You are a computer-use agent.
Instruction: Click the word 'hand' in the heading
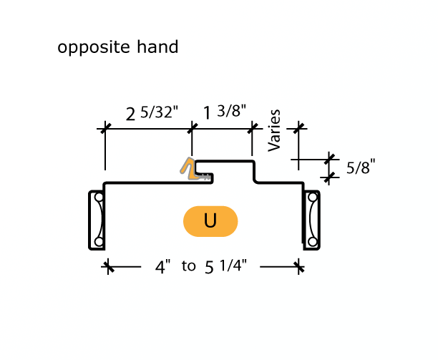(x=159, y=47)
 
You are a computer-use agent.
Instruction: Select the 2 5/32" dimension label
(x=152, y=114)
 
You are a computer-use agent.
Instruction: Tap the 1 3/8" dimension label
(x=225, y=112)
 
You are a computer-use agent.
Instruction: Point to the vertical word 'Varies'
(x=275, y=130)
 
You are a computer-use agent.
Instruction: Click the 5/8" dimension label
(x=361, y=168)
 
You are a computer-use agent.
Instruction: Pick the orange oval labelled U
(x=210, y=221)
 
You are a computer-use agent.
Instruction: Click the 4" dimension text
(x=163, y=267)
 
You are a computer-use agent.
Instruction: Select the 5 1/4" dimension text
(x=225, y=267)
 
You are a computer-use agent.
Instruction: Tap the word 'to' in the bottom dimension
(x=188, y=266)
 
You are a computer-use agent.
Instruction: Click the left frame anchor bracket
(x=97, y=220)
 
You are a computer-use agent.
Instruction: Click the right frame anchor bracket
(x=311, y=220)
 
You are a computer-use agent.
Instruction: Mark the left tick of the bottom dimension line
(x=108, y=267)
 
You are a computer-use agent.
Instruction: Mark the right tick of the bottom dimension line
(x=299, y=267)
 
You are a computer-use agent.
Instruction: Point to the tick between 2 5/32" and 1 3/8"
(x=191, y=128)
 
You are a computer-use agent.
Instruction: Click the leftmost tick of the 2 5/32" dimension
(x=105, y=128)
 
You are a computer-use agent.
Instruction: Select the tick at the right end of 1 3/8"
(x=252, y=128)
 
